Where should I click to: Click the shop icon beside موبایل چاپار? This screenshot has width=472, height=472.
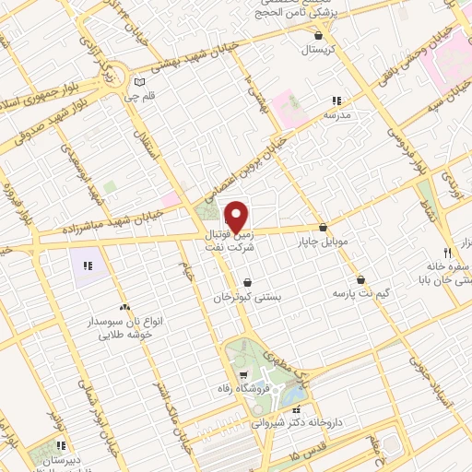pos(323,227)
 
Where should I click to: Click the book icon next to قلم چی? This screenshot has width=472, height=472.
pos(138,80)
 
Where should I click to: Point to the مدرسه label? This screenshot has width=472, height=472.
pos(337,115)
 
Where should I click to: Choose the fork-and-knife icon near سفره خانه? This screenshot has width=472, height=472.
pos(447,252)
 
